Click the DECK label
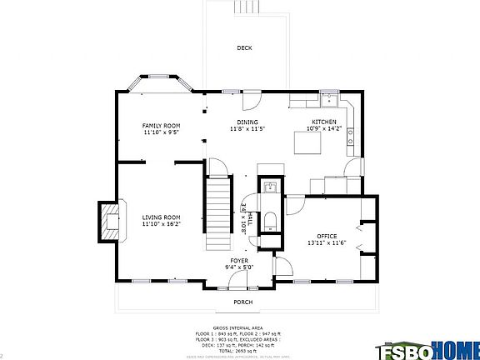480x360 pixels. pos(244,47)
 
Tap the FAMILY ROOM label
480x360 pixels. pos(161,125)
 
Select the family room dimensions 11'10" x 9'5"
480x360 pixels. pos(161,132)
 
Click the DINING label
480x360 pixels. pos(247,122)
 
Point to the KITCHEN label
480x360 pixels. pos(324,122)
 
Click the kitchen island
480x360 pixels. pos(307,143)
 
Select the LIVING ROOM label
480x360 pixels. pos(161,217)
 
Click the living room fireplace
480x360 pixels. pos(109,220)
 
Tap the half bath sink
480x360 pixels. pos(270,187)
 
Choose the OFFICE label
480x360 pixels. pos(327,236)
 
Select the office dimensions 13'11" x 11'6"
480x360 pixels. pos(327,242)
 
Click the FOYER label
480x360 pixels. pos(240,261)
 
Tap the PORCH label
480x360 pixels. pos(242,302)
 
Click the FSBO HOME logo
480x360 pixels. pos(428,350)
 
